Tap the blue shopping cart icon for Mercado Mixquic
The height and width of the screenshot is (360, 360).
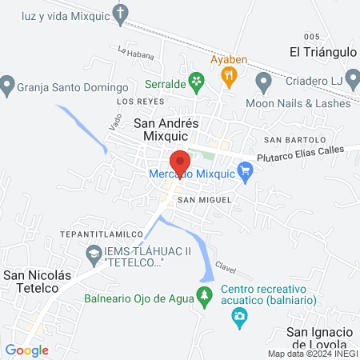246,170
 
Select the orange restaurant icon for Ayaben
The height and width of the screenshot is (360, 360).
230,77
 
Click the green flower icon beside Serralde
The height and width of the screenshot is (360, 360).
201,81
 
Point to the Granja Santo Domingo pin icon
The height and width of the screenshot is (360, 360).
7,82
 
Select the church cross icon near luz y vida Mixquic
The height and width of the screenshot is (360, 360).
121,13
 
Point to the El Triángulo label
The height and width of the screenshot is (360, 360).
322,52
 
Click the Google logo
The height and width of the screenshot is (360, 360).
26,350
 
